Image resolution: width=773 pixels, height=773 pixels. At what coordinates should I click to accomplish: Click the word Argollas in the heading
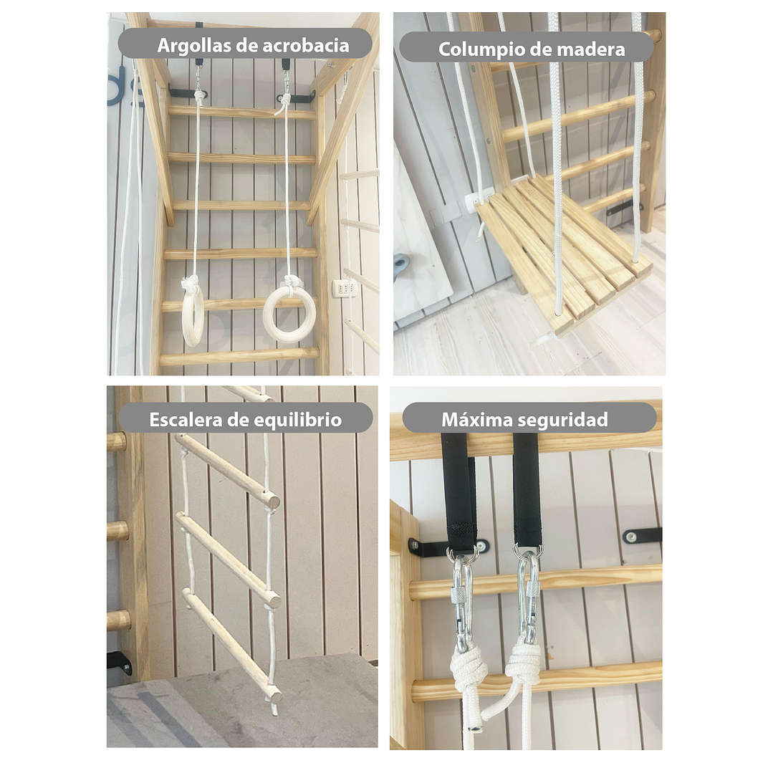coord(194,46)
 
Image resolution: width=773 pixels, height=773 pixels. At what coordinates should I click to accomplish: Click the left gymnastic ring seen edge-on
coord(192,315)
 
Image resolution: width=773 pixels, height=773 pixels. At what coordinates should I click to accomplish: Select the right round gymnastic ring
coord(289,314)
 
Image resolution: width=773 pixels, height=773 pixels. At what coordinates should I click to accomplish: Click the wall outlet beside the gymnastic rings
coord(343,287)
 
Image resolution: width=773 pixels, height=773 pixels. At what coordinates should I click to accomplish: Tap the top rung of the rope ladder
coord(228,471)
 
